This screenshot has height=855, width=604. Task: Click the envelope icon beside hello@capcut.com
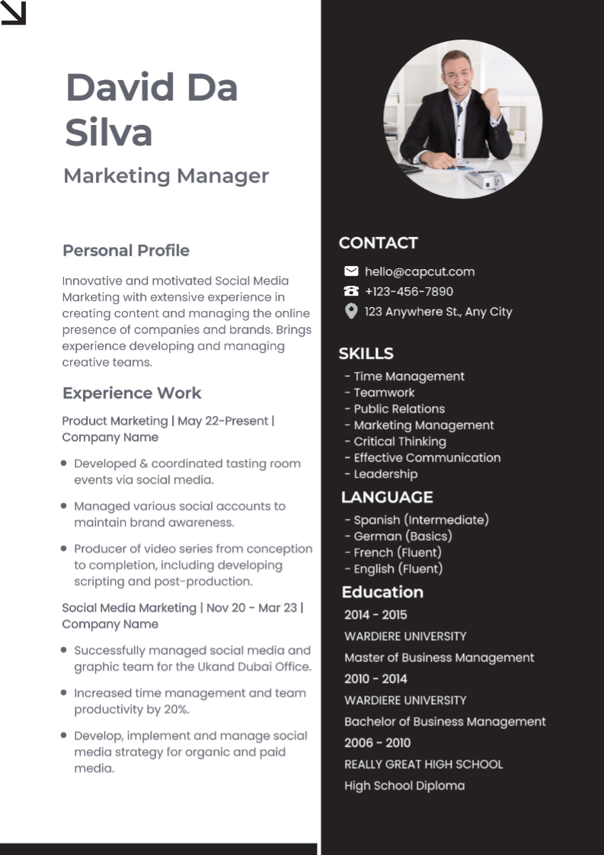point(351,271)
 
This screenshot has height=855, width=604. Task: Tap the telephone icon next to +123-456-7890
point(351,291)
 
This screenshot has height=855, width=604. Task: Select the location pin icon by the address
point(351,311)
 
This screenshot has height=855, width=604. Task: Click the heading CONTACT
point(378,243)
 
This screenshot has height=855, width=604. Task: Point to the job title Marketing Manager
point(166,176)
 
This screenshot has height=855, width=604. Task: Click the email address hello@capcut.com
point(419,271)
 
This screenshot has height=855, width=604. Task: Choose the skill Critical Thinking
point(399,441)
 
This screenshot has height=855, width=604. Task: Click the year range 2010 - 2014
point(376,679)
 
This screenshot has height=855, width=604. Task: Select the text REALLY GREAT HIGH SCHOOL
point(423,764)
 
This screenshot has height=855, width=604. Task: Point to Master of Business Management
point(439,658)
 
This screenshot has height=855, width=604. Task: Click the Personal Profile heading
point(126,251)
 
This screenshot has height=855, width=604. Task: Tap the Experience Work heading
point(132,393)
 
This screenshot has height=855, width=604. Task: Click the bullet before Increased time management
point(63,693)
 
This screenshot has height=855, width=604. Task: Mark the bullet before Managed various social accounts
point(63,505)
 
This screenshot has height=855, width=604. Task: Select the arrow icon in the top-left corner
point(14,13)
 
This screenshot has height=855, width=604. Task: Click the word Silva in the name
point(109,132)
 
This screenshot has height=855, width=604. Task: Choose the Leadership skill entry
point(385,474)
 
